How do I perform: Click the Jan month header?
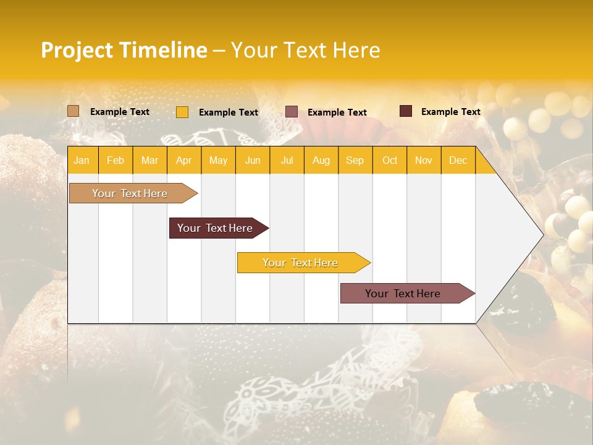point(82,161)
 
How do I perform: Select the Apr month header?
point(183,161)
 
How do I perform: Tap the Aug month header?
point(321,161)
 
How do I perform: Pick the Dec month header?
point(458,161)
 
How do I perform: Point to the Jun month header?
point(252,161)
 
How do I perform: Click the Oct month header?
point(389,161)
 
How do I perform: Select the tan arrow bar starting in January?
point(130,193)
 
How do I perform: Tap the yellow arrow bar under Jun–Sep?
point(301,263)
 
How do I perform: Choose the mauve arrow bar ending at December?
point(403,294)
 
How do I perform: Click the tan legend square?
point(73,111)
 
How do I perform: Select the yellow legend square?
point(182,112)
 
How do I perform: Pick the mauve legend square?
point(292,111)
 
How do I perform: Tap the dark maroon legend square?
point(406,111)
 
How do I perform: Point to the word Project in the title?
point(76,51)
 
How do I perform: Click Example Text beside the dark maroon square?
point(450,112)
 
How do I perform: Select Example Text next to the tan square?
point(119,112)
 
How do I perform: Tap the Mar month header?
point(149,161)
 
